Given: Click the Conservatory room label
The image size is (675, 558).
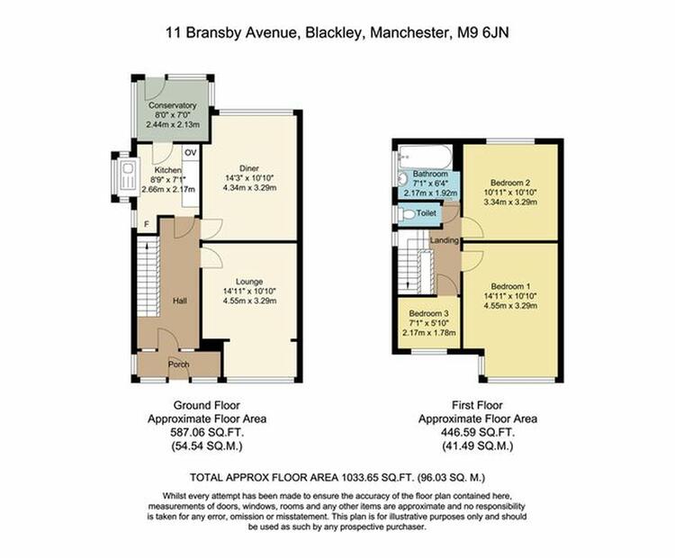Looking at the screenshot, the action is (x=172, y=105).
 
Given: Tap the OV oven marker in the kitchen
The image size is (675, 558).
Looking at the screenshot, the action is (x=190, y=152).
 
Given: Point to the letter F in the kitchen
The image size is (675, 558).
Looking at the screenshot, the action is (x=147, y=224).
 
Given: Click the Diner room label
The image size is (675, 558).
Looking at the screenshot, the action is (x=249, y=168).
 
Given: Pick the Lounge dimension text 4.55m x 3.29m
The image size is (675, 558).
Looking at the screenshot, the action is (x=249, y=301).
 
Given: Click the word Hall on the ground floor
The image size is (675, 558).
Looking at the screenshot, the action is (x=179, y=301).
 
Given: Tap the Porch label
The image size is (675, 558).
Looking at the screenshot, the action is (x=179, y=364).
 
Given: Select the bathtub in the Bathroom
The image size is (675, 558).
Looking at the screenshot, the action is (x=426, y=157).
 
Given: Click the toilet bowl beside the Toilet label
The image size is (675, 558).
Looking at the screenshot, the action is (x=407, y=214).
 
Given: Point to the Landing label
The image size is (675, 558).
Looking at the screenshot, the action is (x=445, y=240).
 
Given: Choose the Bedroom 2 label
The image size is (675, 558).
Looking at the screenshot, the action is (x=510, y=183).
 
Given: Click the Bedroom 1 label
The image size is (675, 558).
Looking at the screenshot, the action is (x=510, y=286).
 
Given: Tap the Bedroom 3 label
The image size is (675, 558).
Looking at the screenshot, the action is (x=428, y=313).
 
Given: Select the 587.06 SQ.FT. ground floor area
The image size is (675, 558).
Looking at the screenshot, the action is (x=207, y=432).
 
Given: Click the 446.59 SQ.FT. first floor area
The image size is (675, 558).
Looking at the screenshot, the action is (x=478, y=432).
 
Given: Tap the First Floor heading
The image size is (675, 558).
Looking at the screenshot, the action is (x=477, y=405).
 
